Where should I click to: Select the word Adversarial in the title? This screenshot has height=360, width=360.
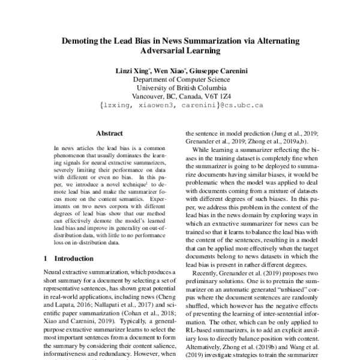point(152,52)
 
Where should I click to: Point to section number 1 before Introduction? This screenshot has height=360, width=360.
point(46,259)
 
